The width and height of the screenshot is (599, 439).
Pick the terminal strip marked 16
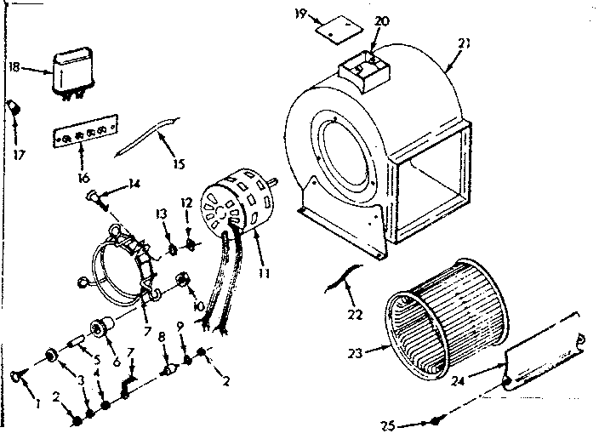(82, 135)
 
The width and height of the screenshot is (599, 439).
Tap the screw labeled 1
(17, 374)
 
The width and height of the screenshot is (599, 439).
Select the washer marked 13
(172, 250)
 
